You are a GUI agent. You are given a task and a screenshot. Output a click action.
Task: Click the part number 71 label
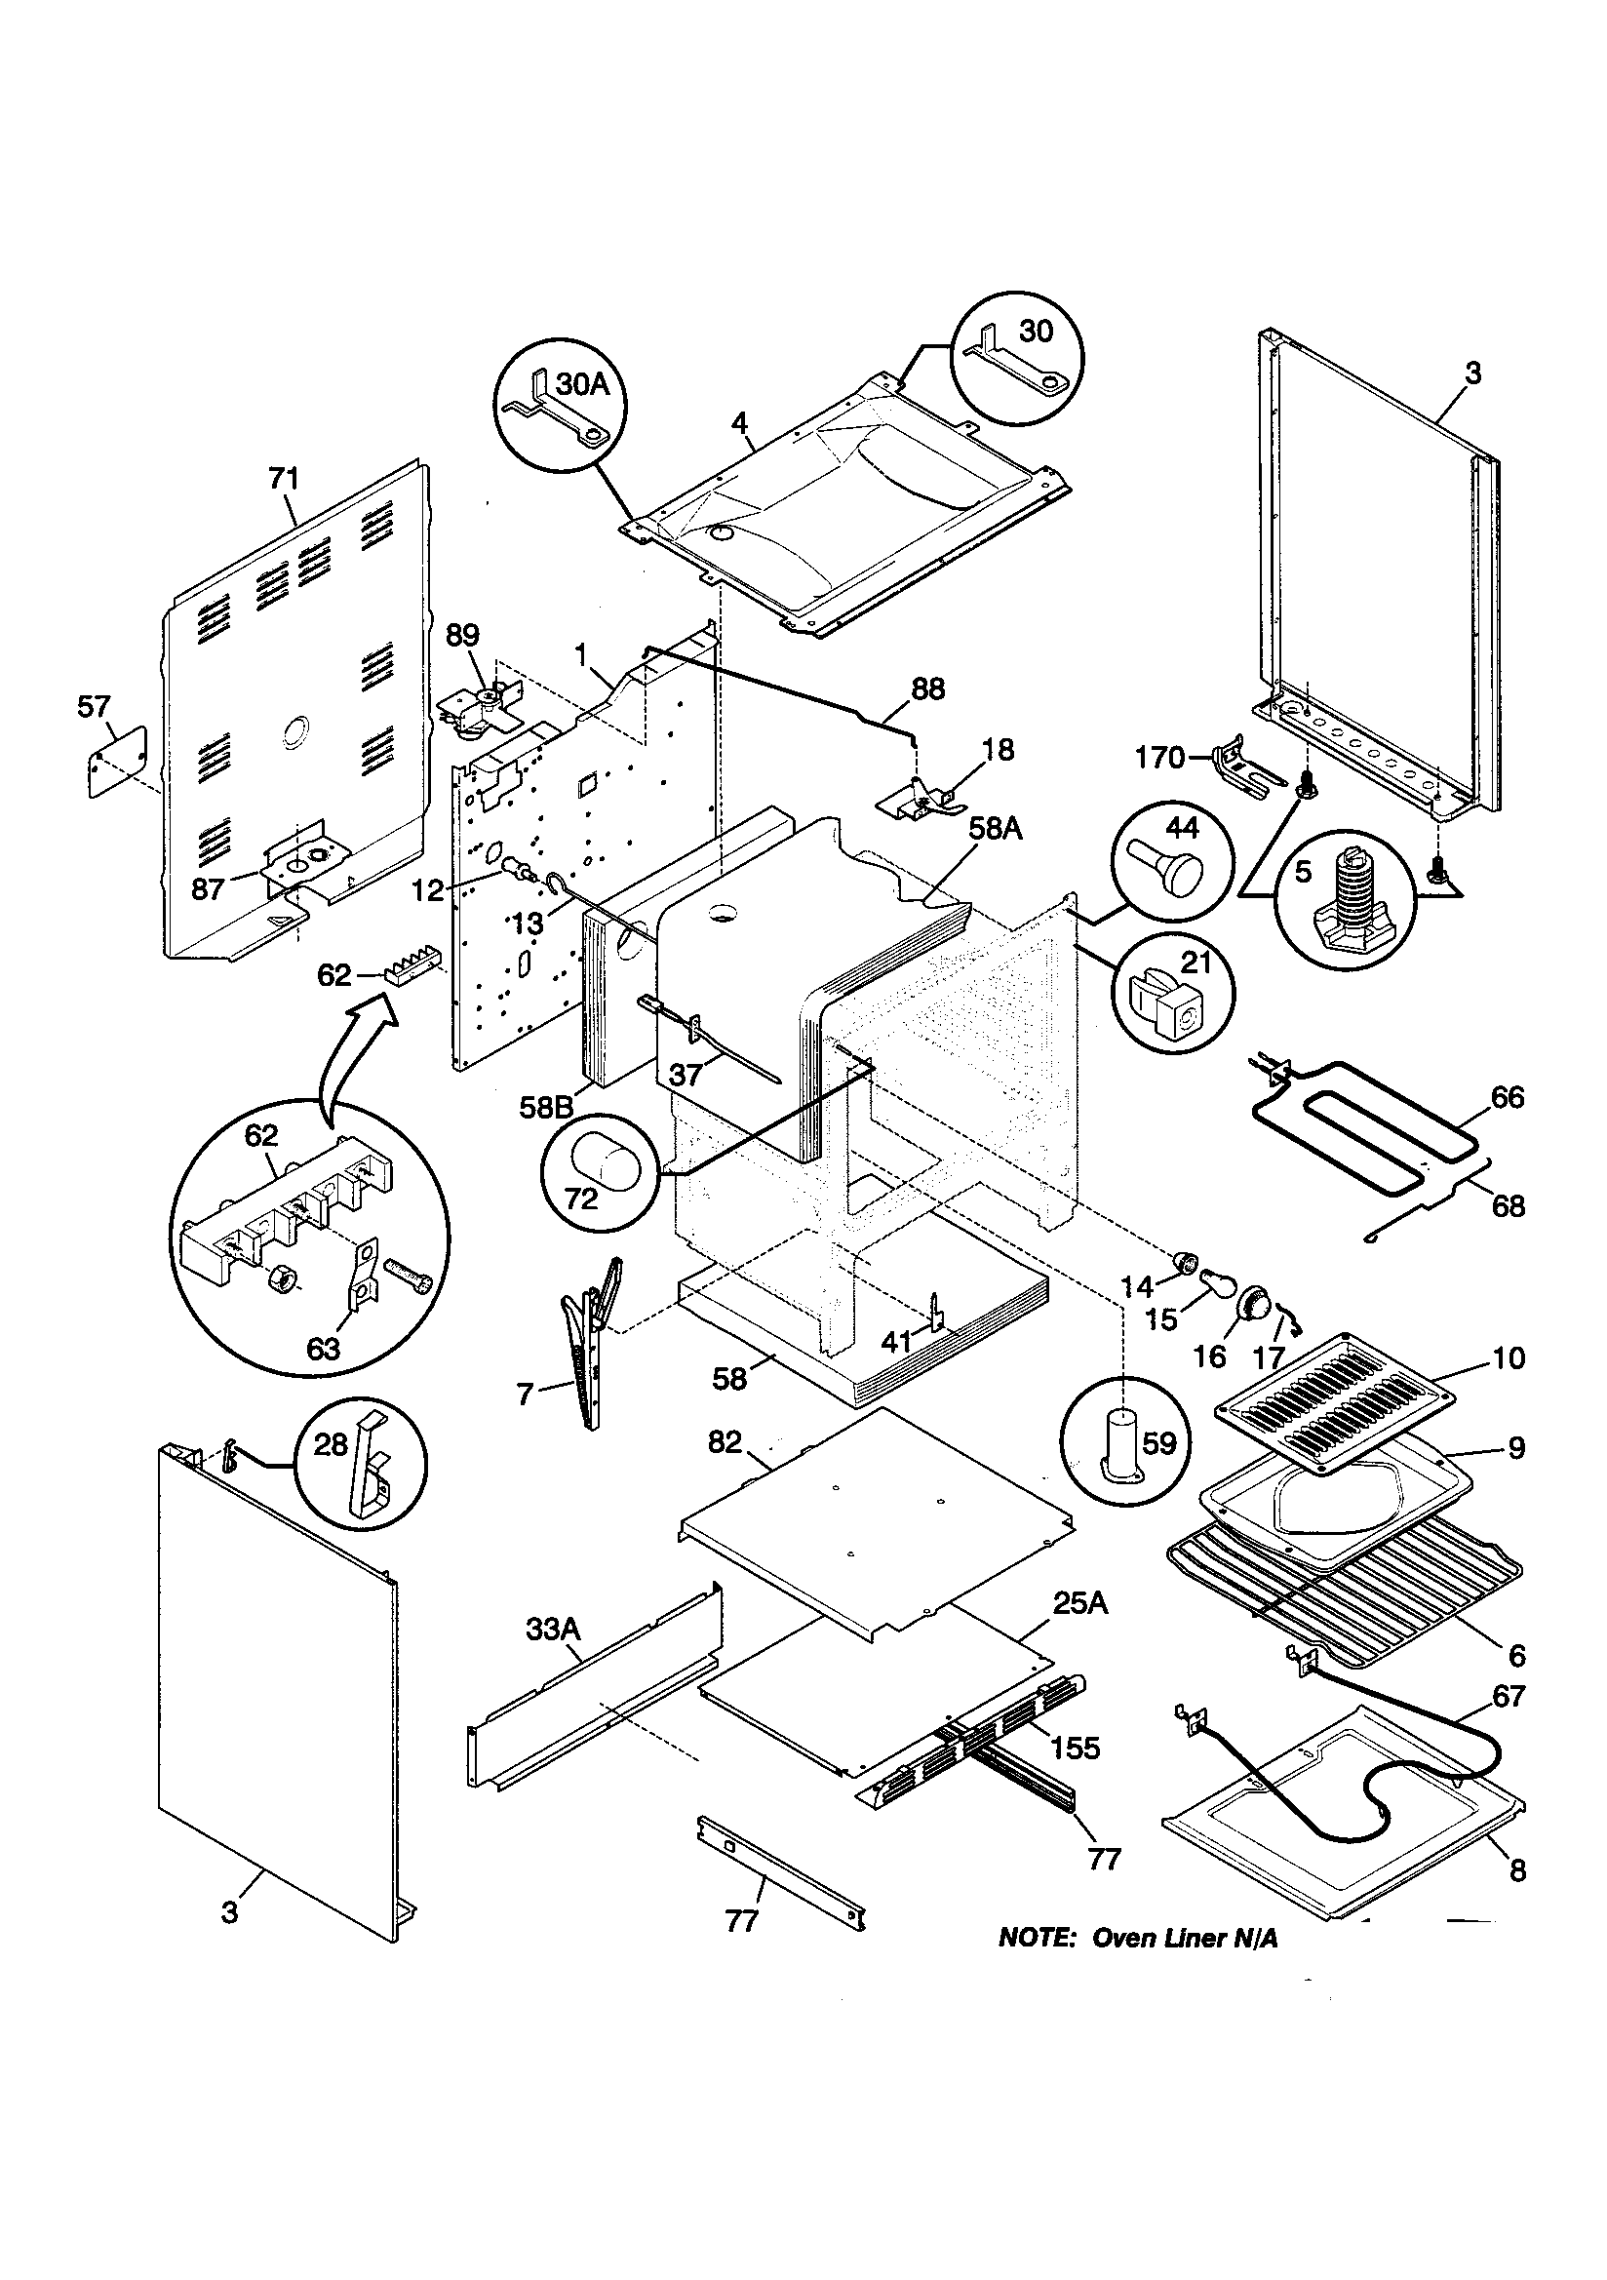point(283,479)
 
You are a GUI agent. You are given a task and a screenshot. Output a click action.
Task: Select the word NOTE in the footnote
point(1036,1939)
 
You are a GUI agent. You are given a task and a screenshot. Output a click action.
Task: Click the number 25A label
point(1079,1604)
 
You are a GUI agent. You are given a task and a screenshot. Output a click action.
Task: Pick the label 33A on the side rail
point(552,1629)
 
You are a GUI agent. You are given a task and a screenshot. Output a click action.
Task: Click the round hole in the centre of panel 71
point(297,734)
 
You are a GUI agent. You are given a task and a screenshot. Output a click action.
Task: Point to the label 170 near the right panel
point(1160,759)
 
